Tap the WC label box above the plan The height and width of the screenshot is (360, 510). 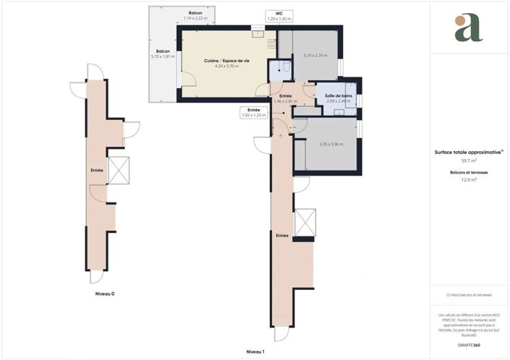[279, 16]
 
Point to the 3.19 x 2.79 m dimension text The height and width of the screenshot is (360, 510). [315, 56]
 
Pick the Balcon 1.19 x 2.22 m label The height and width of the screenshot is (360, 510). [195, 16]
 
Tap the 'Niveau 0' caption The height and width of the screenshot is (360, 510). [105, 294]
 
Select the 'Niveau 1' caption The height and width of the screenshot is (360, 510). [255, 351]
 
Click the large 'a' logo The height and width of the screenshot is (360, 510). [468, 28]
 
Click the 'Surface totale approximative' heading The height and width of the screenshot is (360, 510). [469, 153]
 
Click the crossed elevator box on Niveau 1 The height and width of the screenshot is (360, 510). [305, 222]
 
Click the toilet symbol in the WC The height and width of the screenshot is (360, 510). [286, 68]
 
